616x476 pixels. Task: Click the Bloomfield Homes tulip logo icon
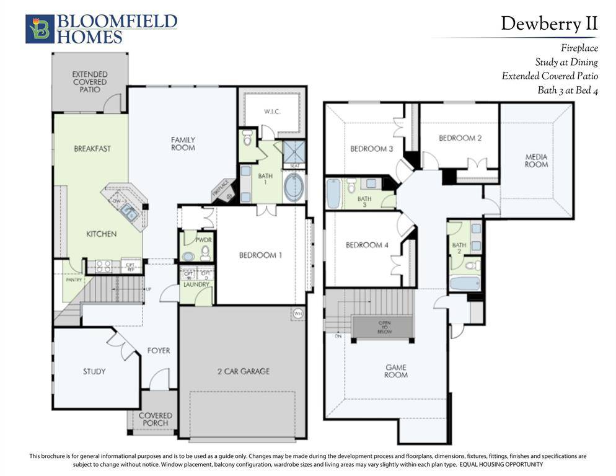point(40,29)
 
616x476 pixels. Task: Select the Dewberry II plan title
point(549,24)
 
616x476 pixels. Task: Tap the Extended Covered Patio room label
point(89,82)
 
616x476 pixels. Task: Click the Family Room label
point(183,144)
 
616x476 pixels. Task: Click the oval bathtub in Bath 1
point(294,187)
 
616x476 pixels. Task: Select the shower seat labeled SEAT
point(294,165)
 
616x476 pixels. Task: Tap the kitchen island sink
point(130,213)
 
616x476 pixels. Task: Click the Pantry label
point(73,280)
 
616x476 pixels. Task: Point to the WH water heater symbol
point(297,312)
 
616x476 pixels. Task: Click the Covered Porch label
point(155,419)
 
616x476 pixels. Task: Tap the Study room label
point(94,372)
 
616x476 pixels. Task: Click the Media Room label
point(536,161)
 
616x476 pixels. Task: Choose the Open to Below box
point(382,327)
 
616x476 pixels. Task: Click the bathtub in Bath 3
point(333,194)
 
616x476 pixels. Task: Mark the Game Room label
point(395,371)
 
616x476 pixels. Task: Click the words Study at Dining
point(566,62)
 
